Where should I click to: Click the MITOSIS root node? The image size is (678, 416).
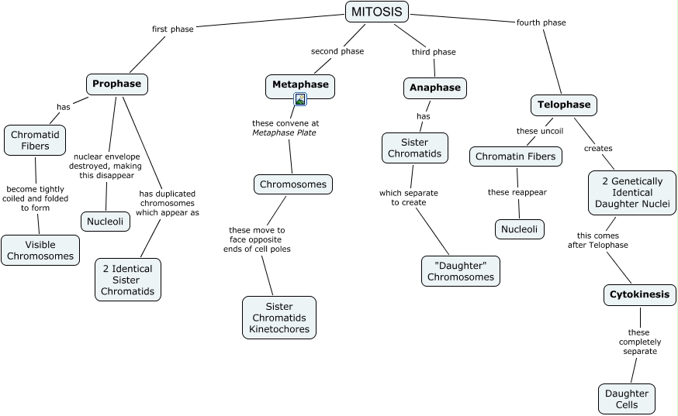click(376, 12)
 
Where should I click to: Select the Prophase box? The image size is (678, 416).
click(116, 84)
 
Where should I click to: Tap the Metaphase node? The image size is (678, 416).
click(300, 84)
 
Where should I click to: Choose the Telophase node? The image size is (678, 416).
click(564, 105)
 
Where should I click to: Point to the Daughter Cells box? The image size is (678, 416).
click(627, 399)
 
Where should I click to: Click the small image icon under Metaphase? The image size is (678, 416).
click(300, 99)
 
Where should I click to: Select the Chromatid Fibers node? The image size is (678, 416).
click(35, 139)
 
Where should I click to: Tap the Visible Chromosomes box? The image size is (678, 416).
click(40, 250)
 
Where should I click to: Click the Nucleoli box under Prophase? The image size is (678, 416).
click(106, 221)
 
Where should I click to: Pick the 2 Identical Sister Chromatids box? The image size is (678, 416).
click(128, 280)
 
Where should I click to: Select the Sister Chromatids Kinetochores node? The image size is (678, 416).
click(279, 318)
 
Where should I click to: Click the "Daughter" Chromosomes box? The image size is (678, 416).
click(461, 270)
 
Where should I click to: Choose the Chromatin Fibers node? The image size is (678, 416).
click(516, 156)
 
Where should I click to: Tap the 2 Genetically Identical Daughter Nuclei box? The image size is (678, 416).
click(632, 193)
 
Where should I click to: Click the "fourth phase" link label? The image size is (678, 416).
click(541, 22)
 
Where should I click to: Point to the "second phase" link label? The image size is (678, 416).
click(337, 51)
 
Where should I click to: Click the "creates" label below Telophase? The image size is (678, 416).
click(598, 148)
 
